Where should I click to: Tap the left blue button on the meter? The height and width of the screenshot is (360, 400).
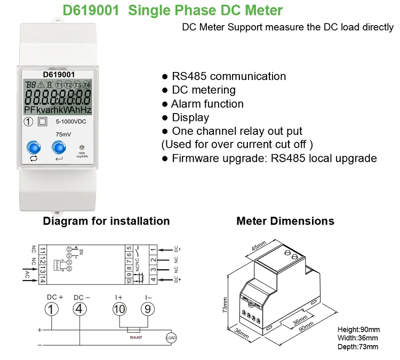tap(34, 147)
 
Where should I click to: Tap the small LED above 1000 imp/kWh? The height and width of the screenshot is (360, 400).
tap(82, 147)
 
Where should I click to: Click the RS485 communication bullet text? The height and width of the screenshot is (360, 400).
tap(229, 76)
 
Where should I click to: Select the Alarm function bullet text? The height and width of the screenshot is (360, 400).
tap(207, 104)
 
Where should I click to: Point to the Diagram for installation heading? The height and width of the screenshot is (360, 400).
tap(106, 221)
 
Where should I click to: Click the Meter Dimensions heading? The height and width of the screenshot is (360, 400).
tap(285, 221)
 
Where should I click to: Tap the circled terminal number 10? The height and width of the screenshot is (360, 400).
tap(119, 308)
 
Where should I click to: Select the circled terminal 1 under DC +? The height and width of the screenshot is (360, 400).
tap(51, 308)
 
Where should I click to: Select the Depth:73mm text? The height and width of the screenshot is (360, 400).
tap(358, 347)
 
